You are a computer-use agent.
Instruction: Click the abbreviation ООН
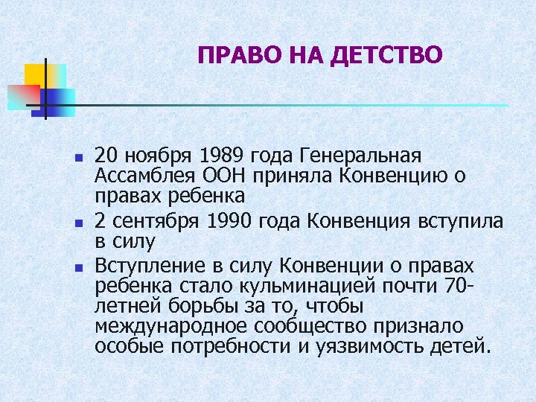click(x=221, y=176)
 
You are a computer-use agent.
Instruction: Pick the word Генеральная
click(x=360, y=156)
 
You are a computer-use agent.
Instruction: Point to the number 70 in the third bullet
click(x=451, y=287)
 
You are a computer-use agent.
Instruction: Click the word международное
click(x=171, y=327)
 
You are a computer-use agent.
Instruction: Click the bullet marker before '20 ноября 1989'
click(x=77, y=158)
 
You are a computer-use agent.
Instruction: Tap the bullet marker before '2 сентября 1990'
click(x=77, y=223)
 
